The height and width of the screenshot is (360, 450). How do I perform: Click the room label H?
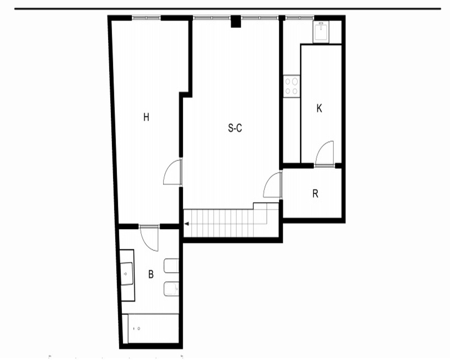[x=146, y=117]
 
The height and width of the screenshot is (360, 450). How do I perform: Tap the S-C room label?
[x=235, y=128]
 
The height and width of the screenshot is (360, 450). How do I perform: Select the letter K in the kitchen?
[x=319, y=108]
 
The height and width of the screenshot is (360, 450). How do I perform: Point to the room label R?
[x=315, y=194]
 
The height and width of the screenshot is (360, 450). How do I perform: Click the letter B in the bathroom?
[x=151, y=274]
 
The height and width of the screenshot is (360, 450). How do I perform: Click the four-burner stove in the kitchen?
[x=292, y=86]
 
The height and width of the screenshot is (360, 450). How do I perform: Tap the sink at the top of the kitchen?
[x=321, y=32]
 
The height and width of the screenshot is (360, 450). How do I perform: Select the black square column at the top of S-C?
[x=236, y=22]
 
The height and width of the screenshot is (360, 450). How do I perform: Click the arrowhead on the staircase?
[x=187, y=224]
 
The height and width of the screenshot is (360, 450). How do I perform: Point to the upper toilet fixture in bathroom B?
[x=171, y=266]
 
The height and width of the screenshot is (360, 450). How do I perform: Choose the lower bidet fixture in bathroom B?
[x=171, y=289]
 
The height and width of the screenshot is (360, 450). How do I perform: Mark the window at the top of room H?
[x=146, y=18]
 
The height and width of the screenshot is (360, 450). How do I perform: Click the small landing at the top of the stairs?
[x=266, y=206]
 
